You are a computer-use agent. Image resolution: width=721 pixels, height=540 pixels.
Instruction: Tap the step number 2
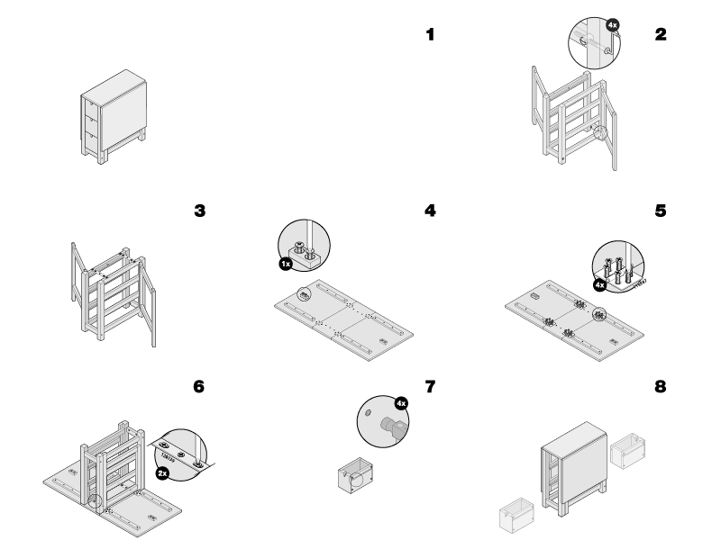click(661, 35)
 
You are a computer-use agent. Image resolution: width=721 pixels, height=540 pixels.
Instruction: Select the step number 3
click(199, 211)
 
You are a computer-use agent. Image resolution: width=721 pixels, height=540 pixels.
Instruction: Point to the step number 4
click(430, 211)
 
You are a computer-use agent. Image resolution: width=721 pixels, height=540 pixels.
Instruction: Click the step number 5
click(661, 211)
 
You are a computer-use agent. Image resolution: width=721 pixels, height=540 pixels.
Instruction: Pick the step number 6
click(199, 387)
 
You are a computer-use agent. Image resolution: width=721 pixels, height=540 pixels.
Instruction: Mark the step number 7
click(430, 387)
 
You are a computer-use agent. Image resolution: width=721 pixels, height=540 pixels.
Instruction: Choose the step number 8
click(661, 387)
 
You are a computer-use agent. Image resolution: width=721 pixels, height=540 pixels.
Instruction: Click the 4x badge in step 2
click(613, 25)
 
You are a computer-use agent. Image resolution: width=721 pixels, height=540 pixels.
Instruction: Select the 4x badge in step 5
click(599, 284)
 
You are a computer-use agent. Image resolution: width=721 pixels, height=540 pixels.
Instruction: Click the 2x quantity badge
click(161, 472)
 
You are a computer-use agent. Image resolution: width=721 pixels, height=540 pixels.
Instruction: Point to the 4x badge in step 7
click(401, 402)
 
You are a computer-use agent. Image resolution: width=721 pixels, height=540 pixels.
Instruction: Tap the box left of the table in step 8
click(516, 515)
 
